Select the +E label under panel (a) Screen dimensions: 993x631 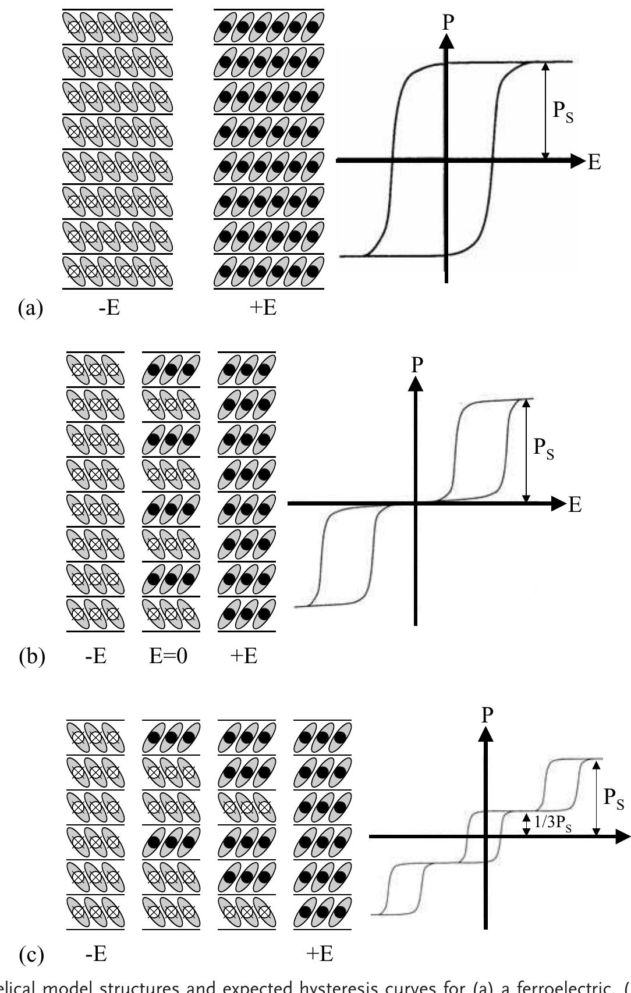click(x=262, y=307)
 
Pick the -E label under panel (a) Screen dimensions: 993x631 click(x=108, y=307)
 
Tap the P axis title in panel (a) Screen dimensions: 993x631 click(x=448, y=22)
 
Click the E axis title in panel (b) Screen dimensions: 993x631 click(x=575, y=505)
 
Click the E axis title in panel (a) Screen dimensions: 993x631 click(x=594, y=162)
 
